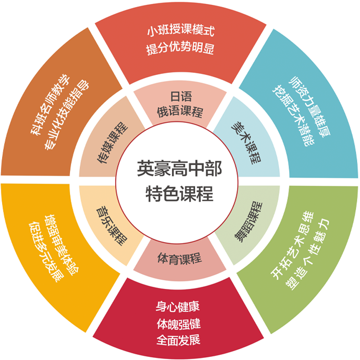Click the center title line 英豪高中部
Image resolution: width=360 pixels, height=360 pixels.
pyautogui.click(x=179, y=169)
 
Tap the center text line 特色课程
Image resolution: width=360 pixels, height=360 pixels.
pyautogui.click(x=179, y=194)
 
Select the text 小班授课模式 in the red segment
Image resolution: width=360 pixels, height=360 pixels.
pyautogui.click(x=181, y=30)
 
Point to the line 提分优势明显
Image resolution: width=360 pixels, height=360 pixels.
pyautogui.click(x=180, y=48)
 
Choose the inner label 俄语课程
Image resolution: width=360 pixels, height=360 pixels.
pyautogui.click(x=180, y=112)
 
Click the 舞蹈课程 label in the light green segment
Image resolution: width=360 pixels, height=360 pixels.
pyautogui.click(x=248, y=222)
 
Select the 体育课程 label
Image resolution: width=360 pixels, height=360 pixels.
pyautogui.click(x=179, y=258)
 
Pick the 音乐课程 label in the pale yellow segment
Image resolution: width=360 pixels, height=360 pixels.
pyautogui.click(x=112, y=226)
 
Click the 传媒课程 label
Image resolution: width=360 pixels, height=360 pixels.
pyautogui.click(x=113, y=142)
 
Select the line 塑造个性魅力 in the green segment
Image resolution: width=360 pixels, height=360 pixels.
pyautogui.click(x=307, y=254)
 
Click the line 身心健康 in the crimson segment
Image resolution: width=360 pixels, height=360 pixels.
pyautogui.click(x=178, y=307)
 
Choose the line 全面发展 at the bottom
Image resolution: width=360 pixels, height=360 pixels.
pyautogui.click(x=178, y=340)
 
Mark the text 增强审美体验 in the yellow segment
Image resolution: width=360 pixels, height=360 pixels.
pyautogui.click(x=62, y=245)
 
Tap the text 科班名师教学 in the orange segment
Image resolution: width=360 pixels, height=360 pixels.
pyautogui.click(x=50, y=104)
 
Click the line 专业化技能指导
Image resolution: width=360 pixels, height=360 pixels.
pyautogui.click(x=67, y=115)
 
